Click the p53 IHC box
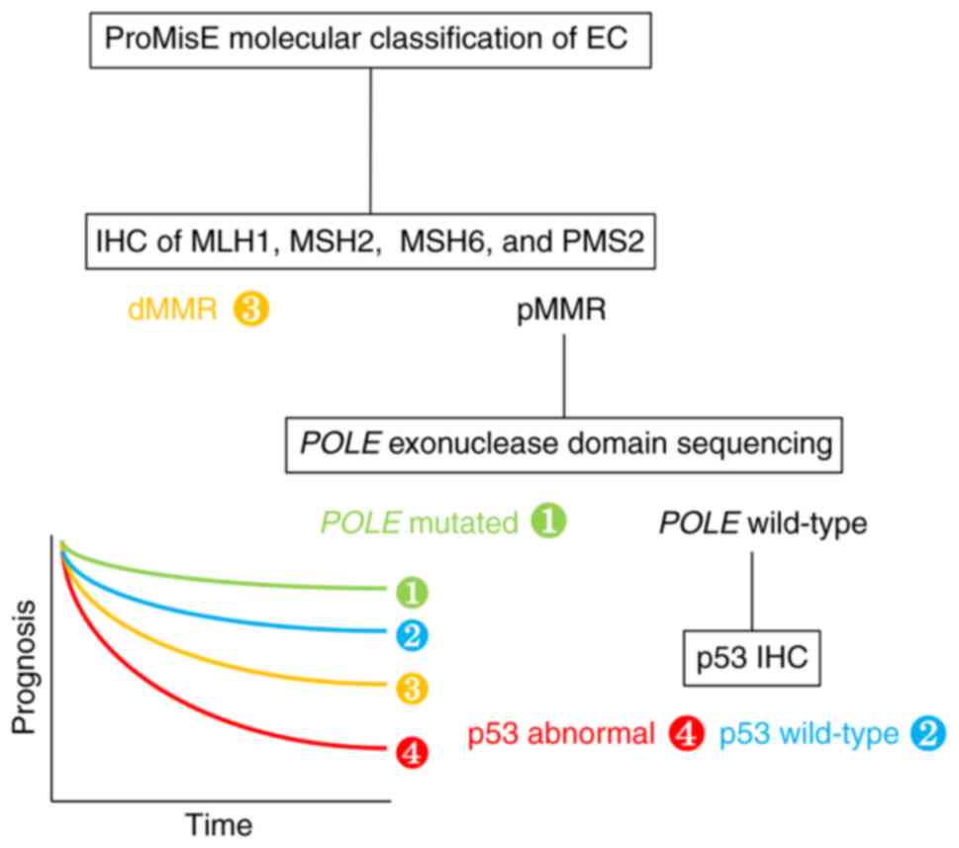point(752,658)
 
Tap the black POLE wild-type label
point(763,521)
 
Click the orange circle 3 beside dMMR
point(251,310)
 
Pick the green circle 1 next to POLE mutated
point(548,521)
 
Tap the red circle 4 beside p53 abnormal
point(686,733)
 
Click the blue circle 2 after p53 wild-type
point(927,733)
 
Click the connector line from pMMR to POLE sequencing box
point(563,376)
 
